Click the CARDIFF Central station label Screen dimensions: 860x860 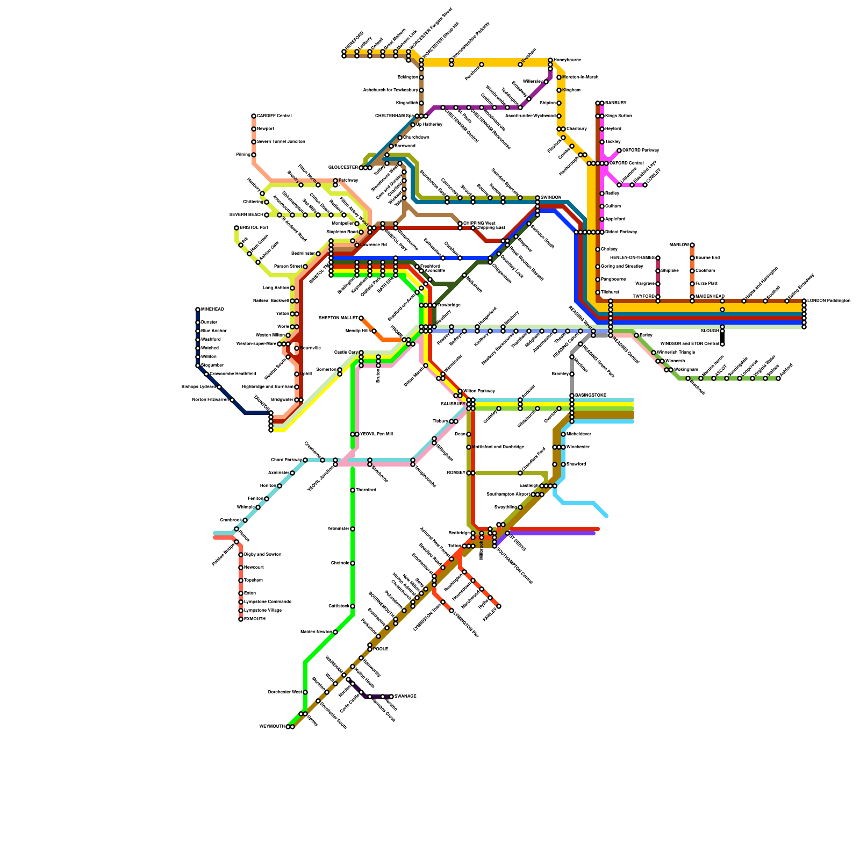[x=274, y=116]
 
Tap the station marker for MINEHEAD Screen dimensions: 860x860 [x=198, y=310]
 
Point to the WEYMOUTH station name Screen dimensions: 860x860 [x=272, y=727]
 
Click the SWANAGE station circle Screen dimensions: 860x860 [x=391, y=697]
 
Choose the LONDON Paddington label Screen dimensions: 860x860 [x=828, y=301]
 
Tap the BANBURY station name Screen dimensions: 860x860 [x=615, y=103]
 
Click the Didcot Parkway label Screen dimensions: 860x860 [x=621, y=232]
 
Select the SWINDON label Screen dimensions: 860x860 [x=551, y=198]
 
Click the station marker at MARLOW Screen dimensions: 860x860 [x=692, y=245]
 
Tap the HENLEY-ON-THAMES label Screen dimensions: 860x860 [x=632, y=258]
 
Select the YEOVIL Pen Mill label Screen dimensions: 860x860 [x=376, y=434]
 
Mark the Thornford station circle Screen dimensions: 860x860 [x=353, y=490]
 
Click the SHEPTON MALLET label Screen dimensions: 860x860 [x=338, y=318]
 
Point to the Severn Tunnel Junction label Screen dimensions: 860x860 [x=281, y=142]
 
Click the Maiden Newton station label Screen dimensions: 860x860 [x=316, y=632]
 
